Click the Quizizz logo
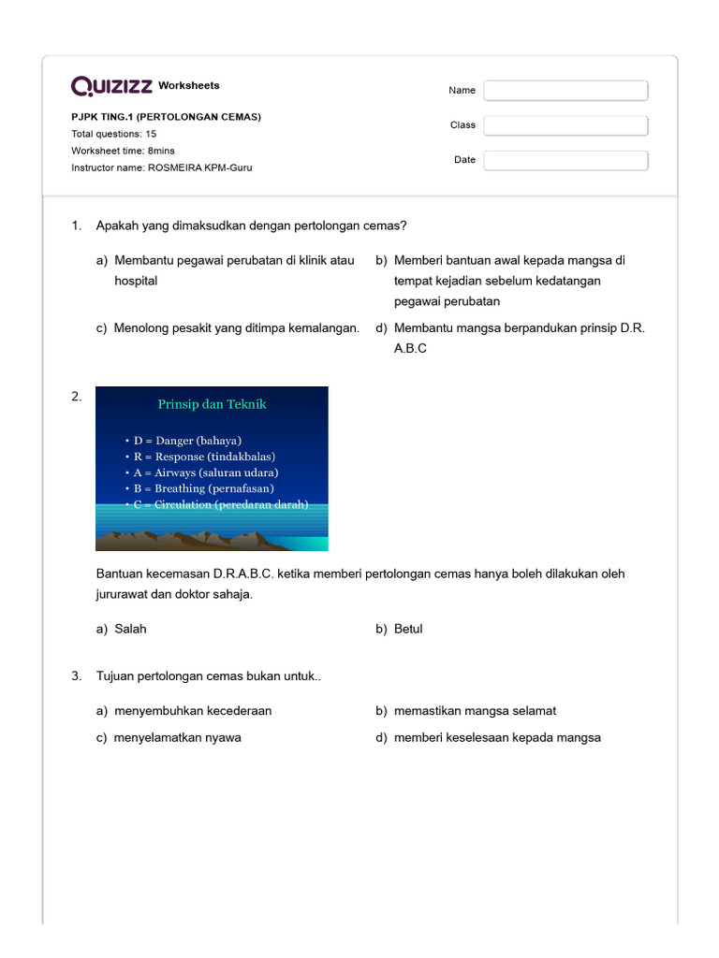111,86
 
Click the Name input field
565,91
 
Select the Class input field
565,125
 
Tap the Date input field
565,160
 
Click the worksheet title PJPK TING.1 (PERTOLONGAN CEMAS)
166,117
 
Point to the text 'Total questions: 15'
114,134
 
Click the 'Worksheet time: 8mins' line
123,151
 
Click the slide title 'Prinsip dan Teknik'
212,404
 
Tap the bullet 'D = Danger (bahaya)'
187,441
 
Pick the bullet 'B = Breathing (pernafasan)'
203,488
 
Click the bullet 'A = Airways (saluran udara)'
206,472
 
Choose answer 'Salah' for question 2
130,629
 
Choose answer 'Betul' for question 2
408,629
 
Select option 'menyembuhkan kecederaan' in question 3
193,711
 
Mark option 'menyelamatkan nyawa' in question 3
177,737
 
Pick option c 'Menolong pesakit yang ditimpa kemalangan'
236,327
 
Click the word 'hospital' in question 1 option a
136,281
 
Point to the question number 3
77,676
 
